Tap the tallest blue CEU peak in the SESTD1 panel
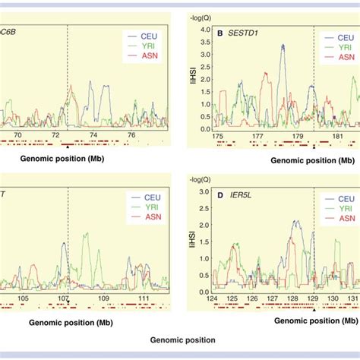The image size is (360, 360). [x=283, y=46]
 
